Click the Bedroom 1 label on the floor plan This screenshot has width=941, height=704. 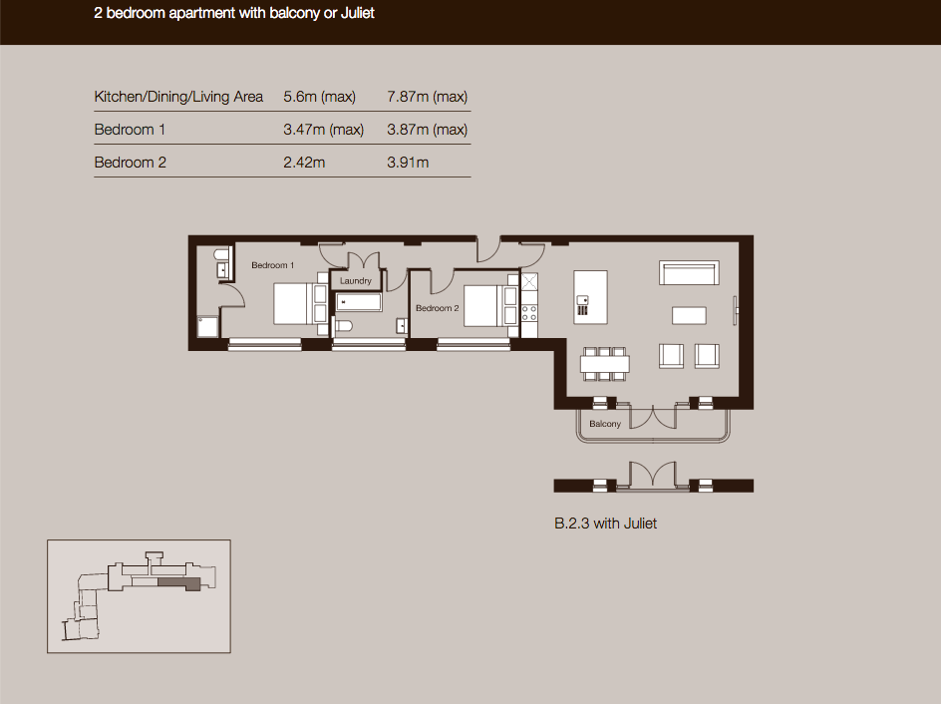[272, 265]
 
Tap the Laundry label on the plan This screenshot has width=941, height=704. [355, 281]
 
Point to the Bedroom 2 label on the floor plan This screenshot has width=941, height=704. [437, 308]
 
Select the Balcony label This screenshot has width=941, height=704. [604, 424]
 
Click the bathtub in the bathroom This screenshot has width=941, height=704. [358, 302]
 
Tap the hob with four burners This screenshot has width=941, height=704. [529, 313]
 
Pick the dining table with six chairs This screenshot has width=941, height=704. [604, 364]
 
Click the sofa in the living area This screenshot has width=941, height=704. [689, 272]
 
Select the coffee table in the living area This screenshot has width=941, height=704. [689, 315]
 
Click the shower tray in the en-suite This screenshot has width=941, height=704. [207, 327]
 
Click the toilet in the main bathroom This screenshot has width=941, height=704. [343, 326]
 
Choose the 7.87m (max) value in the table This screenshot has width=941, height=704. [427, 97]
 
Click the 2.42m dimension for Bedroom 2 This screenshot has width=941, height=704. [304, 163]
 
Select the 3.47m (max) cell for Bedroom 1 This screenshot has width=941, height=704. [323, 130]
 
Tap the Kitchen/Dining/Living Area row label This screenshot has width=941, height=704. [178, 97]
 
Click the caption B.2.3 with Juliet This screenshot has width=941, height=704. [605, 524]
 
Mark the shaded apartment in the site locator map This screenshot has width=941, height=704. [178, 583]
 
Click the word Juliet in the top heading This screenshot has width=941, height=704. [358, 13]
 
